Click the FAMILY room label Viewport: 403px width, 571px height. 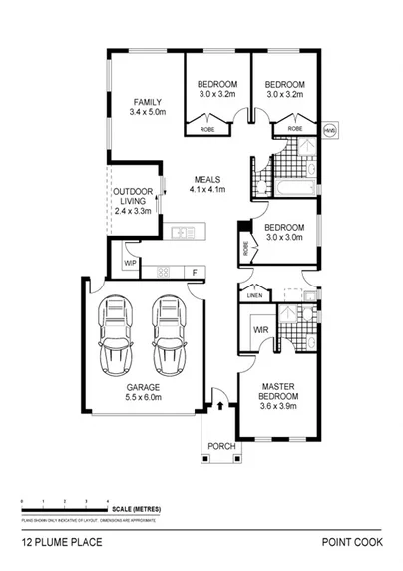click(147, 102)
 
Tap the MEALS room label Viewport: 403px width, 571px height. click(208, 179)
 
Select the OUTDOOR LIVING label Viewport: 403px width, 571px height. click(132, 195)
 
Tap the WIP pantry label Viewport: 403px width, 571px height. click(130, 263)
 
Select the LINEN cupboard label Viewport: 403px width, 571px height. click(253, 295)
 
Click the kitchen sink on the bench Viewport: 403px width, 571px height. click(183, 234)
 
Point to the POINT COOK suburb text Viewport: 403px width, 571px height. click(349, 544)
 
